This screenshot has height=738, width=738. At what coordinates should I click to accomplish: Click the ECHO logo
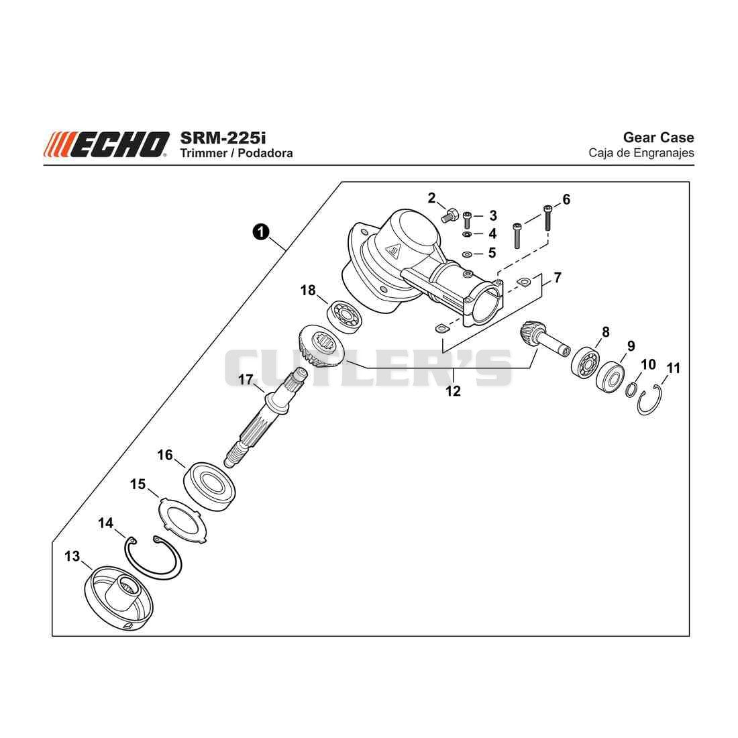107,144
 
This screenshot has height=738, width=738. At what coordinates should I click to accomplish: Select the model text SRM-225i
223,138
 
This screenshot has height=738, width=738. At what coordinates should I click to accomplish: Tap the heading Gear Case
658,138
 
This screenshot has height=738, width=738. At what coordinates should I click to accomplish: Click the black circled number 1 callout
261,231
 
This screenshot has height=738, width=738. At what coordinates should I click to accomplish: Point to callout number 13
72,556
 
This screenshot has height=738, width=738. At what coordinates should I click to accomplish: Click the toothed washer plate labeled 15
180,521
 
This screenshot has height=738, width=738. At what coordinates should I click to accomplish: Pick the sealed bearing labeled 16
209,486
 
